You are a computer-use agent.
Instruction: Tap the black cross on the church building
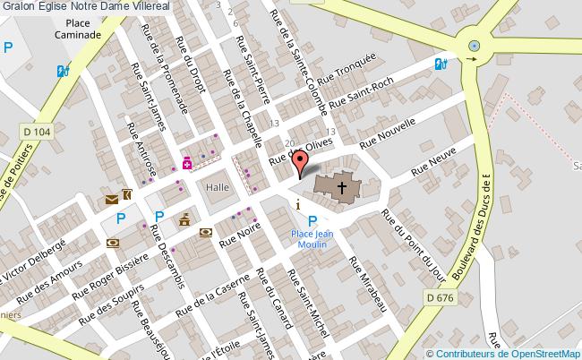(x=341, y=187)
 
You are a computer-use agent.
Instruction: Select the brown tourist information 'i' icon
(x=298, y=205)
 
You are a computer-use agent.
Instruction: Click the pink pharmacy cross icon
(x=188, y=163)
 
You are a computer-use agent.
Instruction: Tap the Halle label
(x=218, y=186)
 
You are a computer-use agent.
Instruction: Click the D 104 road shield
(x=39, y=133)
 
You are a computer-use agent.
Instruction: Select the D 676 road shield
(x=440, y=297)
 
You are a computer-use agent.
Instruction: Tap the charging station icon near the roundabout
(x=440, y=64)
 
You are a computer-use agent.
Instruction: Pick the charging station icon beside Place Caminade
(x=63, y=70)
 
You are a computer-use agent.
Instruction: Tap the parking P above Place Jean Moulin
(x=312, y=221)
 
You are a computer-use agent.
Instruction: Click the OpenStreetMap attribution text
(x=503, y=353)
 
